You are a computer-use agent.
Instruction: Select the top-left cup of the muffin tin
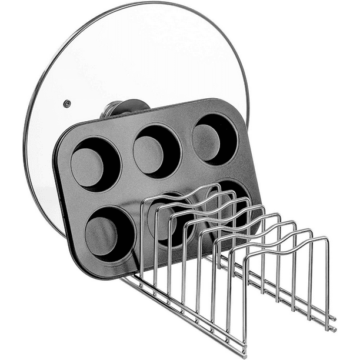tap(95, 163)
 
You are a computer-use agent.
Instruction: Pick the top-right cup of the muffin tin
tap(214, 138)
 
